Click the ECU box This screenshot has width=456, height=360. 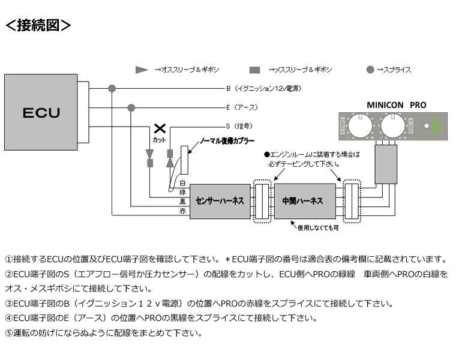click(x=41, y=112)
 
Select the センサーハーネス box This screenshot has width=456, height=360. click(x=220, y=200)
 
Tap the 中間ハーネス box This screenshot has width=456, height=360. click(x=304, y=200)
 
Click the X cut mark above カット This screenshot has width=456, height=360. click(x=160, y=128)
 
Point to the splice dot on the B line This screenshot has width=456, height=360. click(x=112, y=88)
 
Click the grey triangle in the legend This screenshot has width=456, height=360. click(x=142, y=70)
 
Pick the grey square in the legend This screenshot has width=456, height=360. click(x=255, y=70)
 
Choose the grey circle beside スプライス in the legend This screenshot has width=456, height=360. click(x=371, y=70)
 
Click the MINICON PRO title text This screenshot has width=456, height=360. click(x=396, y=104)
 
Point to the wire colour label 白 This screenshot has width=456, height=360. click(x=183, y=182)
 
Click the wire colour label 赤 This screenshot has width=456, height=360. click(x=183, y=212)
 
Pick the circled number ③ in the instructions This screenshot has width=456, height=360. click(x=8, y=304)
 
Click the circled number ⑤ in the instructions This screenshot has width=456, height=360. click(x=8, y=332)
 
